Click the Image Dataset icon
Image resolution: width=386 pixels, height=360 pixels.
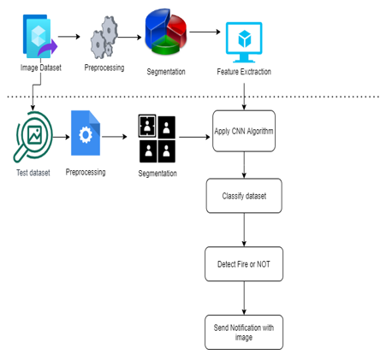point(40,36)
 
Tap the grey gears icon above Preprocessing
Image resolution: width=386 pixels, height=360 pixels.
point(104,38)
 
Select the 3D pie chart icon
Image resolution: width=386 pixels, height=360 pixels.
point(166,32)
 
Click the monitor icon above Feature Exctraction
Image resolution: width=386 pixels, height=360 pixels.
point(244,42)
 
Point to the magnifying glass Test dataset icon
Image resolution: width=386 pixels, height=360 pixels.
point(33,137)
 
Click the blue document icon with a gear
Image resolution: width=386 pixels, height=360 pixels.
point(86,133)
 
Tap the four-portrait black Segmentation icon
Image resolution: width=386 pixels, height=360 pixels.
point(157,139)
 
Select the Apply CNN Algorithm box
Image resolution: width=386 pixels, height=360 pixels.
point(244,131)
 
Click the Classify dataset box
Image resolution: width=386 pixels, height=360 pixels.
point(244,196)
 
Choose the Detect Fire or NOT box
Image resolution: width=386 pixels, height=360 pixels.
point(244,264)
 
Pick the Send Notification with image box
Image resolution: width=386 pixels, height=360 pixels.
point(244,332)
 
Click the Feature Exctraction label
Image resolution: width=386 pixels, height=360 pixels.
point(244,72)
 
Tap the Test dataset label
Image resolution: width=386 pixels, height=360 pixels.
point(33,173)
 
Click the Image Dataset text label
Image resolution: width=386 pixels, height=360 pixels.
point(41,68)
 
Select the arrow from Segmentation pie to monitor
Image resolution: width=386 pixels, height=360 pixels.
point(205,32)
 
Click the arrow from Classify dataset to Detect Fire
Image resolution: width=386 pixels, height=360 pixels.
point(244,230)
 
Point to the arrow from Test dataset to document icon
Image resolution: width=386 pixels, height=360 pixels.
point(62,137)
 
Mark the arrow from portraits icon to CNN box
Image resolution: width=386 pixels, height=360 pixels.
point(194,137)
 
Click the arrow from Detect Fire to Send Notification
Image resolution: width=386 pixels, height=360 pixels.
point(244,298)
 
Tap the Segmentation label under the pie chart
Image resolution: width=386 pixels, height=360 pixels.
point(166,72)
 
